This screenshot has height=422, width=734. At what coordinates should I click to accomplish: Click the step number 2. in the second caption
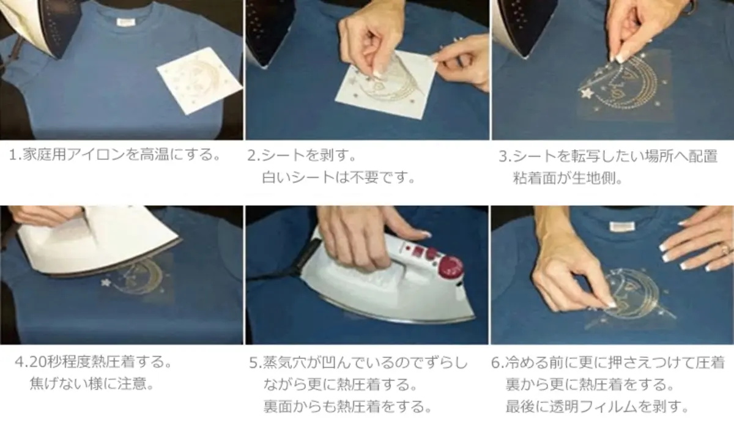254,155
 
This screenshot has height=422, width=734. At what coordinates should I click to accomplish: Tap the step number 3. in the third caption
505,156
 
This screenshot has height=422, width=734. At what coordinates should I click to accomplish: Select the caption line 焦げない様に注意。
91,385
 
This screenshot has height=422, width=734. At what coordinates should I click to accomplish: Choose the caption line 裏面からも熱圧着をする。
346,406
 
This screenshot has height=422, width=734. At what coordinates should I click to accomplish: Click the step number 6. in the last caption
497,363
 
